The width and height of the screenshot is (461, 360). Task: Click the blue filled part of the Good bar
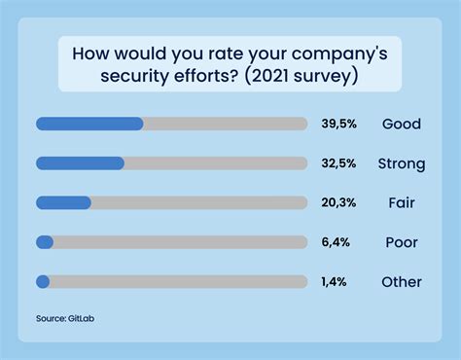coord(89,124)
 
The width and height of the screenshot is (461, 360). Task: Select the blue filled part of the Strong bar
coord(80,163)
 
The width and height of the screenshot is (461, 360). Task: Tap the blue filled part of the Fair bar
coord(63,202)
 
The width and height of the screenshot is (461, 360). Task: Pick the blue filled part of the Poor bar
coord(44,242)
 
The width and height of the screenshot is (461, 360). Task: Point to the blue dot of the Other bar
coord(42,282)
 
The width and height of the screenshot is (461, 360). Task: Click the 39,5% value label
coord(339,125)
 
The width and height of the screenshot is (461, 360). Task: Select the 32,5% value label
coord(339,163)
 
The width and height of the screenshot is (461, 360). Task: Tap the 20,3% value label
coord(339,203)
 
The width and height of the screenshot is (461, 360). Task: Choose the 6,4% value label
coord(336,243)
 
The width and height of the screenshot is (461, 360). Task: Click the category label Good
coord(400,125)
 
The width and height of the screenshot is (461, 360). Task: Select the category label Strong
coord(401,164)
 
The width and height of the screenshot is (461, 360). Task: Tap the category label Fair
coord(401,203)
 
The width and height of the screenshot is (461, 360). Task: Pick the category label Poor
coord(401,243)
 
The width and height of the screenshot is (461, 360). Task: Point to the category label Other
coord(401,282)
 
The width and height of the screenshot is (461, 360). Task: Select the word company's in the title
coord(315,53)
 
